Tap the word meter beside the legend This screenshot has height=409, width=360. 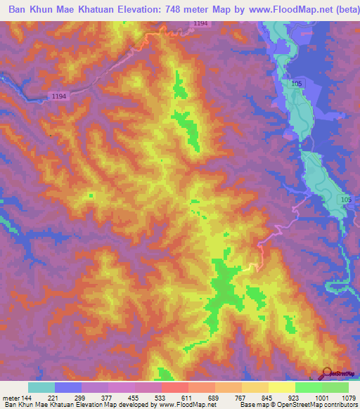(x=11, y=397)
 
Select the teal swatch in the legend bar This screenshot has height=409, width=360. (x=41, y=387)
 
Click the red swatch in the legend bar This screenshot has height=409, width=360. (x=175, y=387)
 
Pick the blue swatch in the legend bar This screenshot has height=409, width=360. (x=68, y=387)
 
